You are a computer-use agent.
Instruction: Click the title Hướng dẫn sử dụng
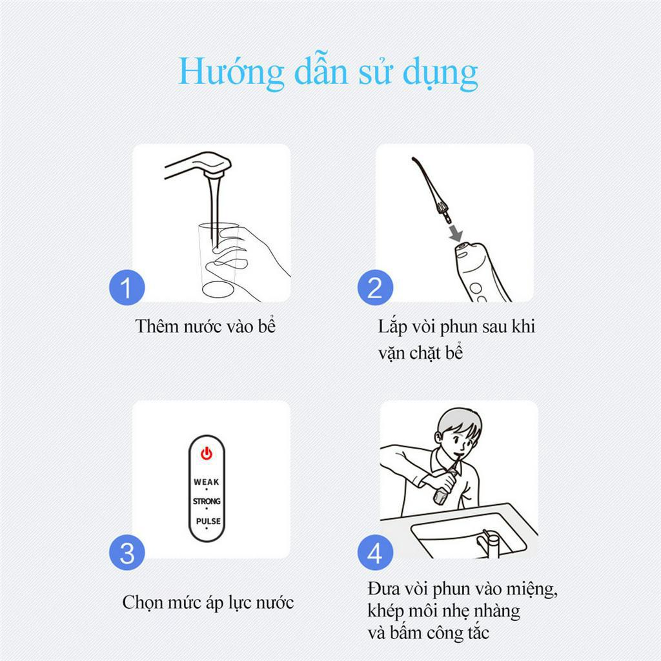(328, 73)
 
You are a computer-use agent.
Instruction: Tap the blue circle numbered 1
(127, 287)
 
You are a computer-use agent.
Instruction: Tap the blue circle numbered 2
(375, 287)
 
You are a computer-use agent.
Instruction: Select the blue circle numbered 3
(127, 553)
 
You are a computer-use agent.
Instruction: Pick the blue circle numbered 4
(375, 553)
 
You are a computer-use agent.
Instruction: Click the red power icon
(207, 454)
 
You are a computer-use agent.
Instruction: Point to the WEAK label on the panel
(207, 482)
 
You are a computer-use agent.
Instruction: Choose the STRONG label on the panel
(207, 502)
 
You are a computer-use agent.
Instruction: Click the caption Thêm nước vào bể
(205, 326)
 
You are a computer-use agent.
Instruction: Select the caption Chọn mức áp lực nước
(208, 603)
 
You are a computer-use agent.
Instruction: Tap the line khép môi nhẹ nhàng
(443, 611)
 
